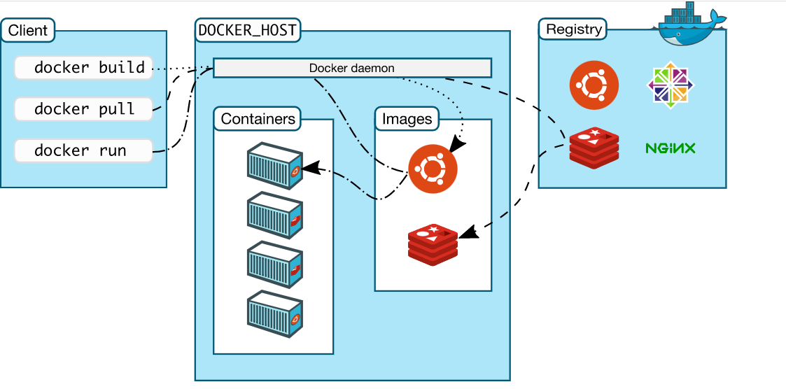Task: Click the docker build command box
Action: tap(83, 68)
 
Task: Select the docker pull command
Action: tap(83, 109)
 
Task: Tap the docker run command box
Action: tap(83, 150)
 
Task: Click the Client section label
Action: tap(28, 30)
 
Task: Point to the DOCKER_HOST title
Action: tap(247, 30)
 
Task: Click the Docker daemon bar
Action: tap(352, 68)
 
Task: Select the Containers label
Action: tap(258, 119)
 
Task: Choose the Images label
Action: tap(407, 119)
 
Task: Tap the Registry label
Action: tap(573, 29)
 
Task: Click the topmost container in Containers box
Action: tap(274, 165)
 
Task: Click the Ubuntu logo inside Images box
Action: tap(433, 169)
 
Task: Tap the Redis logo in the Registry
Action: tap(594, 148)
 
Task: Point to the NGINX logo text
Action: tap(670, 148)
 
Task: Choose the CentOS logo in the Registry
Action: tap(671, 85)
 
